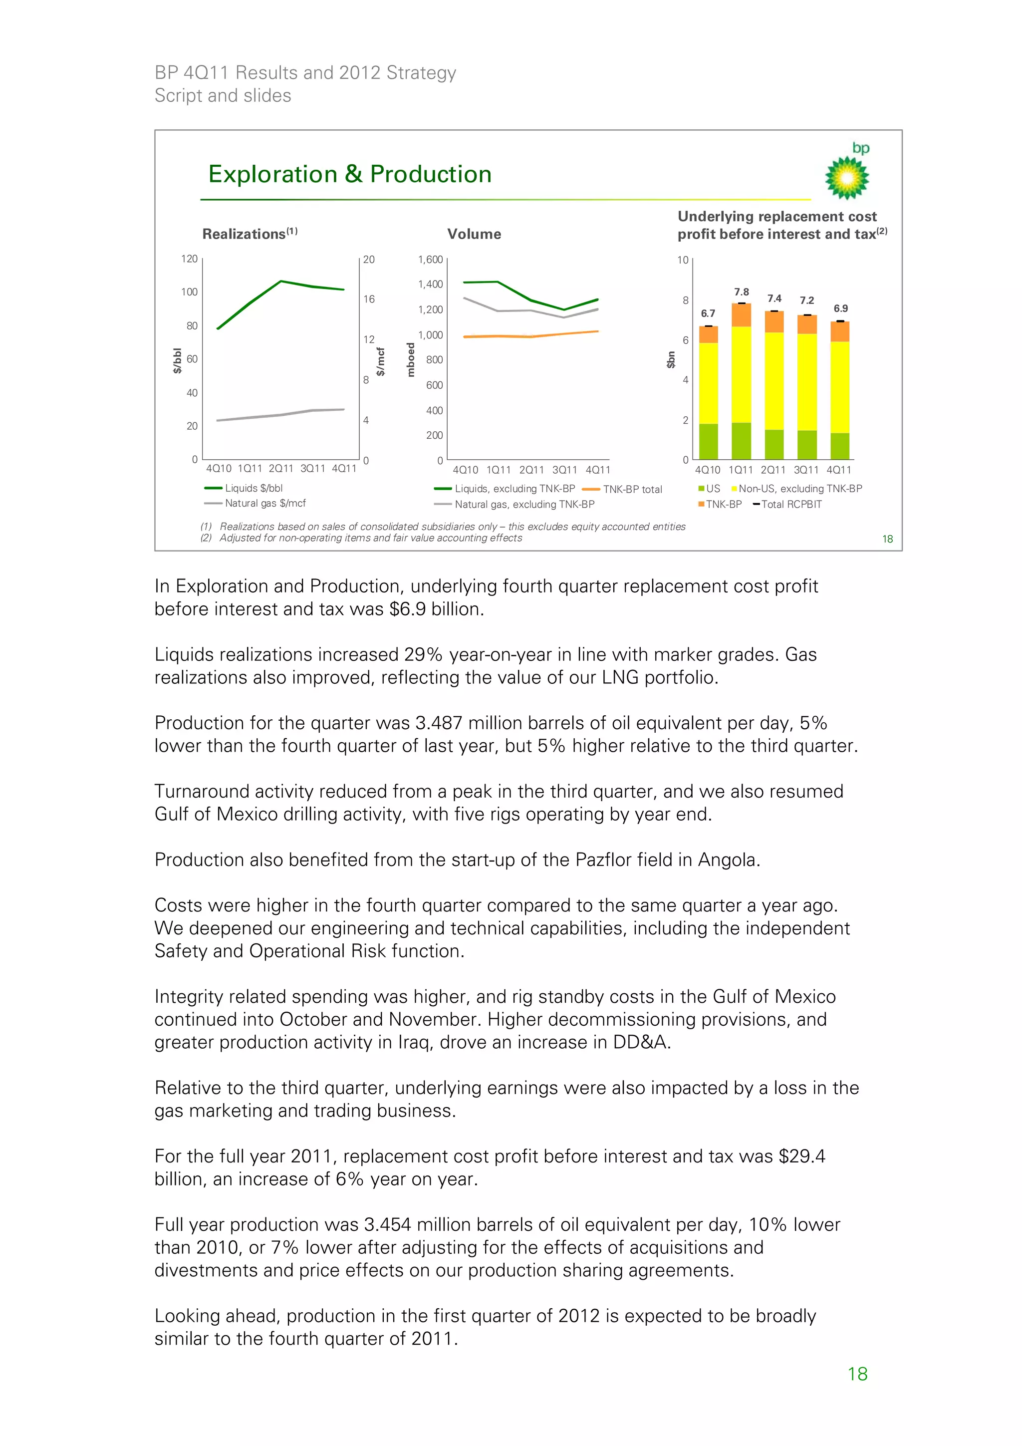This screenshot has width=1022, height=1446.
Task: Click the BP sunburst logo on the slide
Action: point(847,178)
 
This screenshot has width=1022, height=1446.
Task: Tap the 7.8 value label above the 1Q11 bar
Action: point(741,292)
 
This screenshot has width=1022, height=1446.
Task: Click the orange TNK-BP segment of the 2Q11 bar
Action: point(774,322)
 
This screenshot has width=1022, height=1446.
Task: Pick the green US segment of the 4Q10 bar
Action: point(709,441)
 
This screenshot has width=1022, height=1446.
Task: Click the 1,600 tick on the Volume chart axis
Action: point(430,260)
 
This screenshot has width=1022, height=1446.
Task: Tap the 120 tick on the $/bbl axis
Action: point(189,259)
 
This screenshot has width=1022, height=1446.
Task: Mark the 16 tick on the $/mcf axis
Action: point(368,299)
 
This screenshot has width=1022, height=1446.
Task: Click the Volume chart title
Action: point(474,234)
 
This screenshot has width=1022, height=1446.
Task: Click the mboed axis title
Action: point(411,359)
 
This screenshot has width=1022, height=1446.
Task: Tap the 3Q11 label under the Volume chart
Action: point(564,470)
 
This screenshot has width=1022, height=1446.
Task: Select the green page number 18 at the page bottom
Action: point(857,1374)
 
